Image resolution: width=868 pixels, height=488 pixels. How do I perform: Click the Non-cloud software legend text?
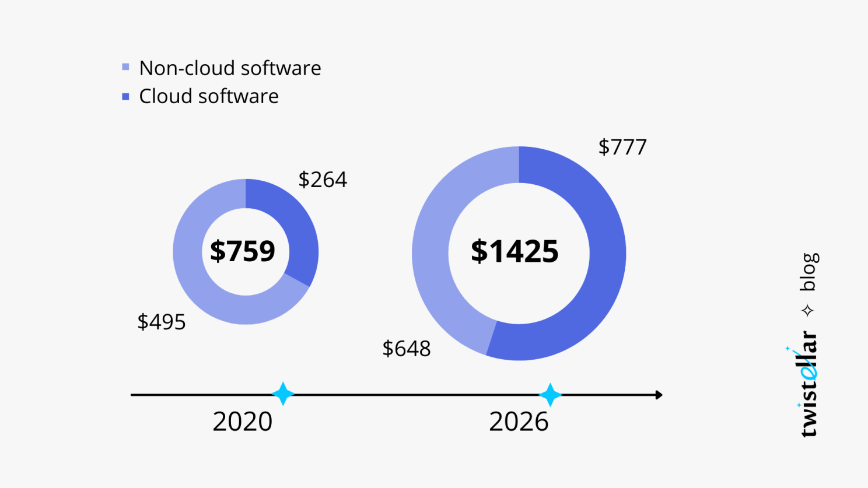point(230,68)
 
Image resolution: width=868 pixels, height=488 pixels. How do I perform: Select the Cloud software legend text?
point(208,96)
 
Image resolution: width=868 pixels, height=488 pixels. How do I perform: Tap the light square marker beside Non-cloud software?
point(125,67)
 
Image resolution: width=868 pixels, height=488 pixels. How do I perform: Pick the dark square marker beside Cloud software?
point(125,96)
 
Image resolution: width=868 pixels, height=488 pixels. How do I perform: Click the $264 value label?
point(323,180)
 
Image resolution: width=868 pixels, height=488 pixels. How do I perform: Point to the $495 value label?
point(162,322)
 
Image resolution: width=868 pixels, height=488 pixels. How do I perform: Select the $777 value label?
point(622,147)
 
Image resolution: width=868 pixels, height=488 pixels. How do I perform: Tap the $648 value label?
point(407,349)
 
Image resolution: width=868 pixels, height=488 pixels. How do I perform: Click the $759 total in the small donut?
point(243,251)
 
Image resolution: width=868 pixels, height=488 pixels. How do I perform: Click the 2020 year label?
point(243,422)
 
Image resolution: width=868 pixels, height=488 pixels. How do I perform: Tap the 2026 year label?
point(519,422)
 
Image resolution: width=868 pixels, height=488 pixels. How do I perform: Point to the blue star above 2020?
point(283,394)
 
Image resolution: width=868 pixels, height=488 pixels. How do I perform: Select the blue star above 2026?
point(549,395)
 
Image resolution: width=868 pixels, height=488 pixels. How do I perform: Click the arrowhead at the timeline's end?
point(659,395)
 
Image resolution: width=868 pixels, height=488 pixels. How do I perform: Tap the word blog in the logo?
point(808,272)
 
